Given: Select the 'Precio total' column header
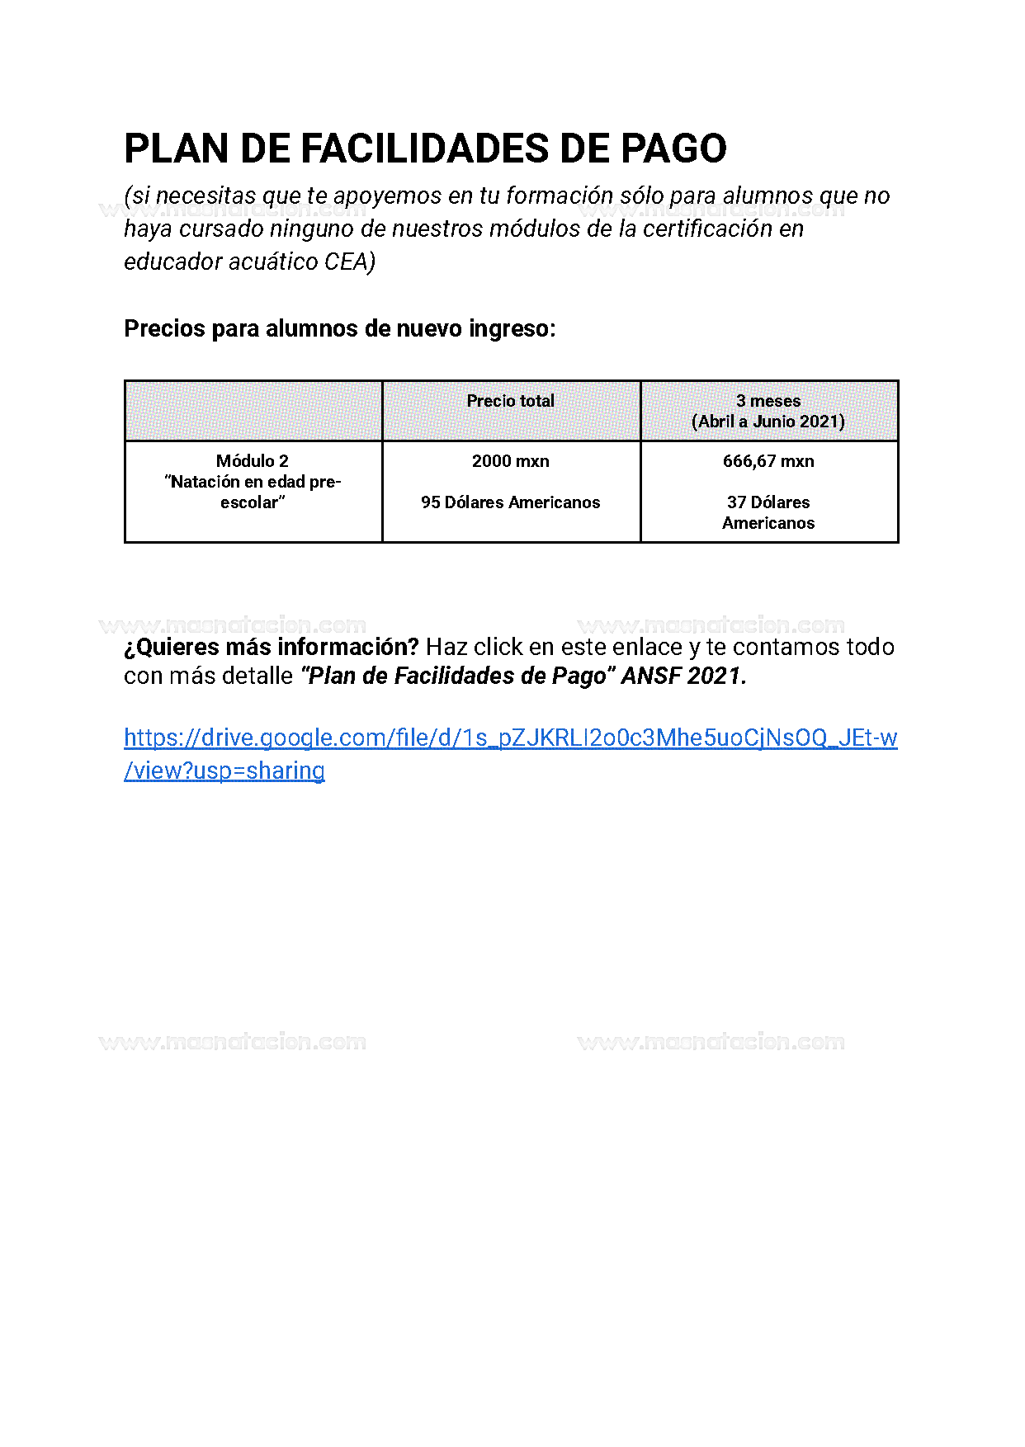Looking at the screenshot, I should [x=510, y=401].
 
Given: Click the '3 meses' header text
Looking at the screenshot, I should [x=768, y=401].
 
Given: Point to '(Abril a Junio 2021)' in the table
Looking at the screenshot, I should [x=768, y=422].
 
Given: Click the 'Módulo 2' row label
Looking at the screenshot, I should [x=253, y=461].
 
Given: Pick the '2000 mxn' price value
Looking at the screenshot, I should [x=510, y=461].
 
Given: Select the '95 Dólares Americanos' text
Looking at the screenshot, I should [x=510, y=502].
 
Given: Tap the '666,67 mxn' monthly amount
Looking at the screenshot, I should [x=768, y=461].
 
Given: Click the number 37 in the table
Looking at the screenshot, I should [x=736, y=502].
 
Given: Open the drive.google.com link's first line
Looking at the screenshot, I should [x=510, y=738].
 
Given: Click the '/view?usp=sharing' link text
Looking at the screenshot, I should [x=224, y=771].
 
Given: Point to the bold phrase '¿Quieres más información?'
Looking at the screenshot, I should [x=272, y=647].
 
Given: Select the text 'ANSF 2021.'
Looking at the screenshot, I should [x=683, y=676].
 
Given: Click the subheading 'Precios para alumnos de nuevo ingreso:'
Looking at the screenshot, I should [x=339, y=328].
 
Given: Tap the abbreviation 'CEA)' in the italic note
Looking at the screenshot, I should [x=350, y=262].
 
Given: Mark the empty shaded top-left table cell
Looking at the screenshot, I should [x=253, y=411].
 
